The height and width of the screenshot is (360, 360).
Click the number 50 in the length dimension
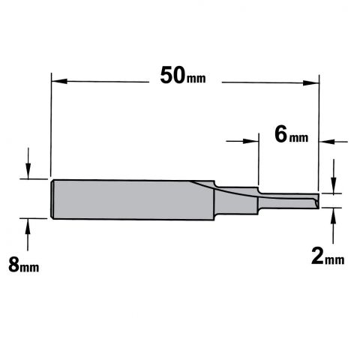click(172, 75)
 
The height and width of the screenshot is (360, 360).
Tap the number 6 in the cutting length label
click(280, 134)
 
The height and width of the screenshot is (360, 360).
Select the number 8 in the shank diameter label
click(13, 265)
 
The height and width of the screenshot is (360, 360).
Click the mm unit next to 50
click(196, 79)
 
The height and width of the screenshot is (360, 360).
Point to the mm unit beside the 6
click(298, 138)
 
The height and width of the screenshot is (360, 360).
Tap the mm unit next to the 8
click(29, 268)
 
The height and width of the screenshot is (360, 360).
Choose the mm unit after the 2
click(334, 260)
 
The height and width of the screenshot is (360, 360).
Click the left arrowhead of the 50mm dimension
click(59, 81)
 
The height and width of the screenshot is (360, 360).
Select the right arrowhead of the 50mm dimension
click(311, 82)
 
